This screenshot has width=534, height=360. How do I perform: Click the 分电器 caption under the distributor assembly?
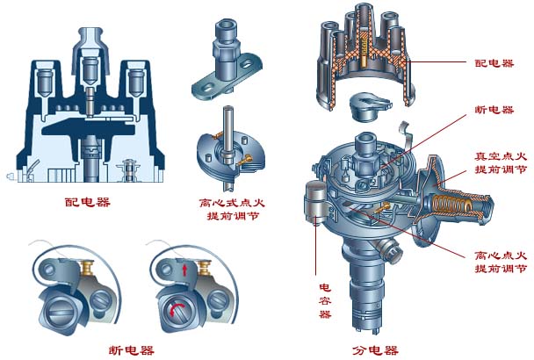point(374,349)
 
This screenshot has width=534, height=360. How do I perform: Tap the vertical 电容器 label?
point(324,300)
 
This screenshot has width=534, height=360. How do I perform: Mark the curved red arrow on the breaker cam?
point(174,306)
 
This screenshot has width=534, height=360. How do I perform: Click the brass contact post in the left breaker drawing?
point(86,265)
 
